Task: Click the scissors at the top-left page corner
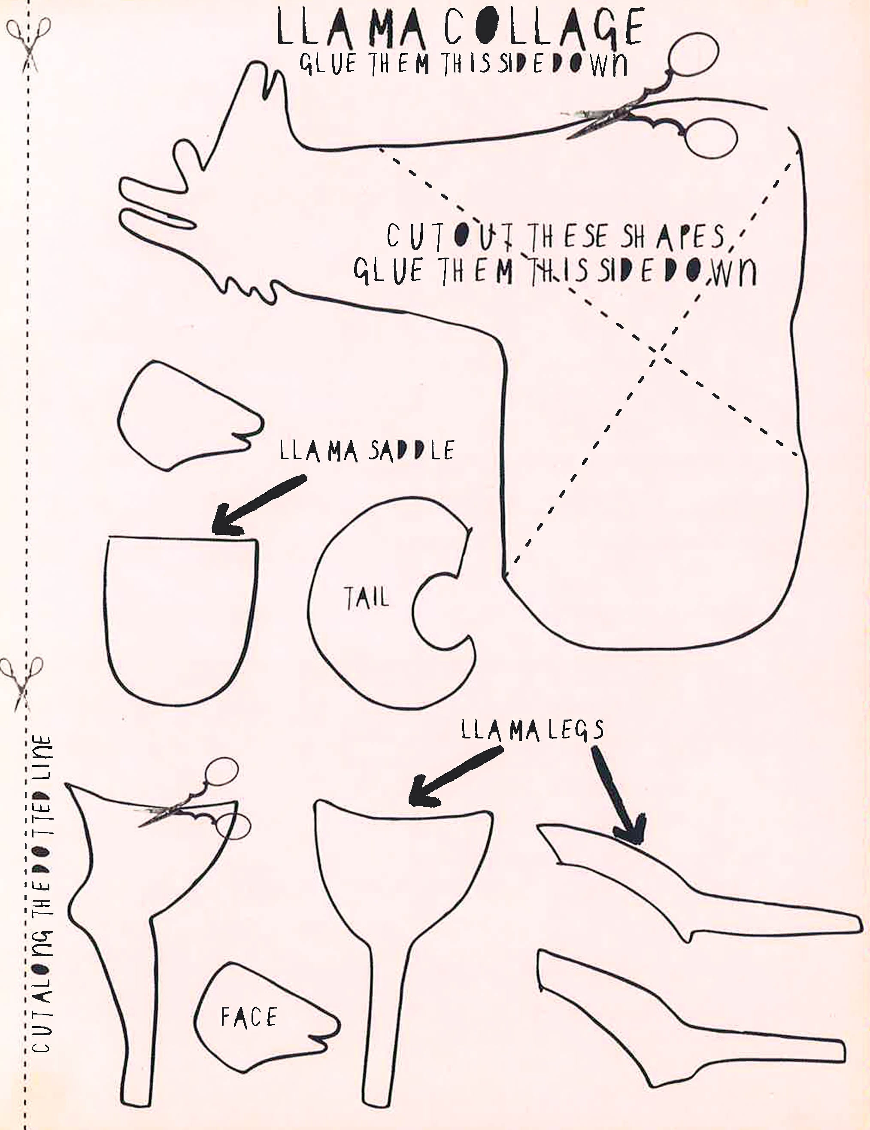tap(28, 44)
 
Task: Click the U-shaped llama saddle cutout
tap(181, 621)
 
